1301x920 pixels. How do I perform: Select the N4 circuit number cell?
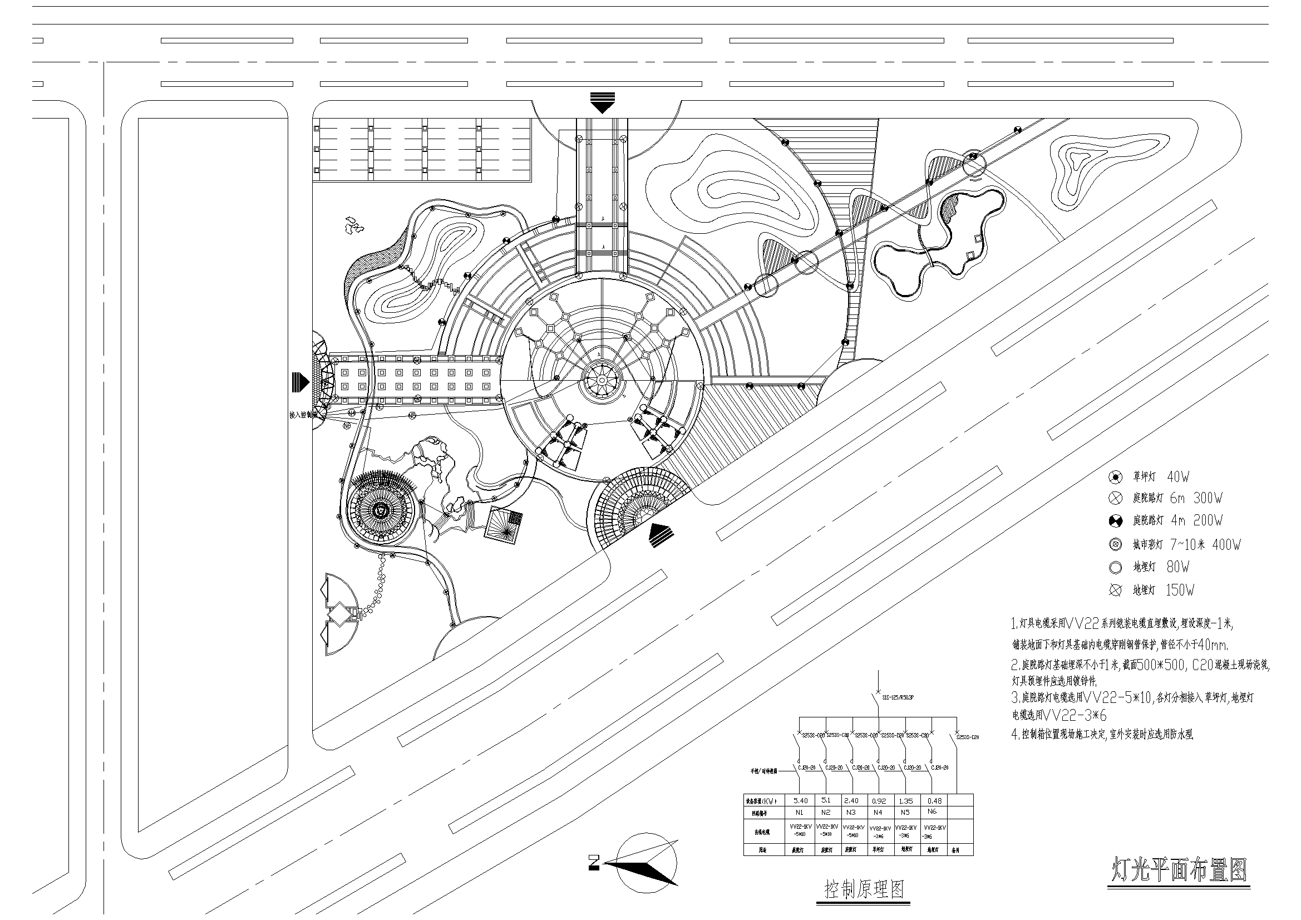pos(878,812)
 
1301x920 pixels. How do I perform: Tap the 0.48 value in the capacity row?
pos(934,800)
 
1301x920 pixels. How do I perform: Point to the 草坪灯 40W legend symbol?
pos(1115,477)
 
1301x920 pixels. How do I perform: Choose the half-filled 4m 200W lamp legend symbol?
pos(1115,521)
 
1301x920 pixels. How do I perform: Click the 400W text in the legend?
pos(1226,545)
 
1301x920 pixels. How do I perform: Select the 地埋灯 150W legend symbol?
pos(1115,591)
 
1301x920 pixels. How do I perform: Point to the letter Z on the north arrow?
pos(594,863)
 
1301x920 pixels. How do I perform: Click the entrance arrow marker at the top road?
pos(602,102)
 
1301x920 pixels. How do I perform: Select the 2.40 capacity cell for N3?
pos(851,800)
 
